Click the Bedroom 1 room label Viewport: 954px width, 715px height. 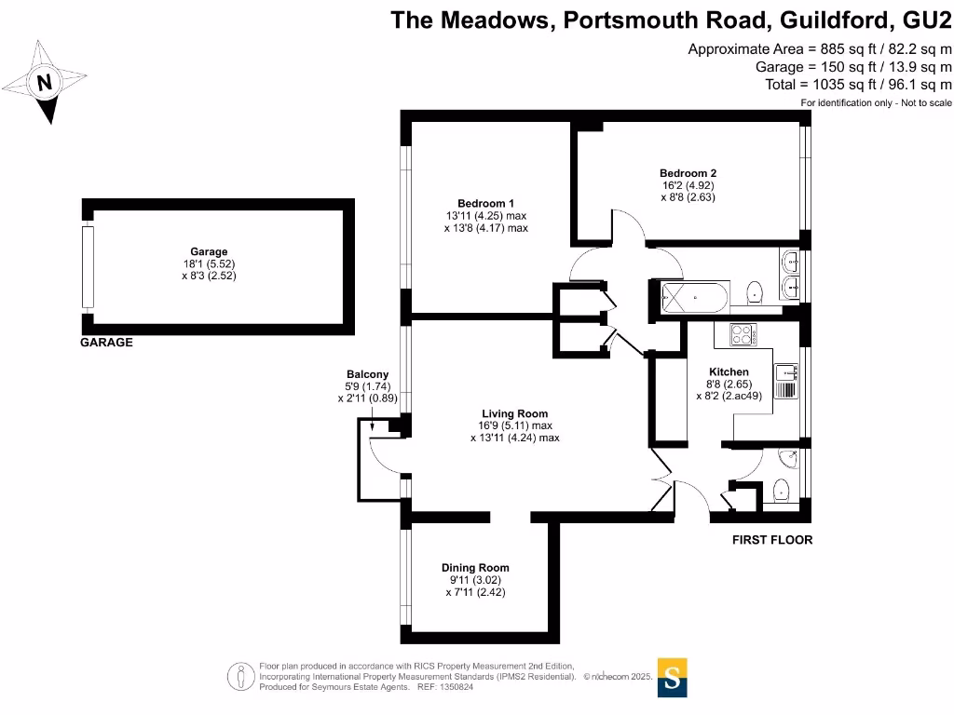(x=485, y=203)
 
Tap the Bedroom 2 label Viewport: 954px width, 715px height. (x=688, y=173)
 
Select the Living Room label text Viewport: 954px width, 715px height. (x=514, y=413)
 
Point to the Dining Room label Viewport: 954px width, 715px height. (x=475, y=568)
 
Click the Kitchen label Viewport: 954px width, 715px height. (x=729, y=371)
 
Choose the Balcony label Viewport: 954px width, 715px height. (x=367, y=374)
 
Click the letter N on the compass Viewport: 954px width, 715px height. (x=45, y=82)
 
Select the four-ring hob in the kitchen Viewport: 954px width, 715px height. (x=743, y=334)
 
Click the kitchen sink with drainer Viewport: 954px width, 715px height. (x=785, y=381)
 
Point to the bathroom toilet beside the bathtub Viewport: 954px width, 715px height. (x=755, y=293)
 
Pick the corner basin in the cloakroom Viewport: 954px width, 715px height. (x=790, y=458)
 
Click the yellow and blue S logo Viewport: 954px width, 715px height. (x=673, y=678)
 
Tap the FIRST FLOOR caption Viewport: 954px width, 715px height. (x=772, y=540)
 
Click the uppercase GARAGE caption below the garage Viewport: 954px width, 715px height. (x=106, y=343)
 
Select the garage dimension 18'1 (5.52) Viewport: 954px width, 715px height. (x=209, y=263)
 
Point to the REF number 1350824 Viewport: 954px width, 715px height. (x=457, y=687)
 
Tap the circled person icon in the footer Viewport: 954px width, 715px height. (x=241, y=677)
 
